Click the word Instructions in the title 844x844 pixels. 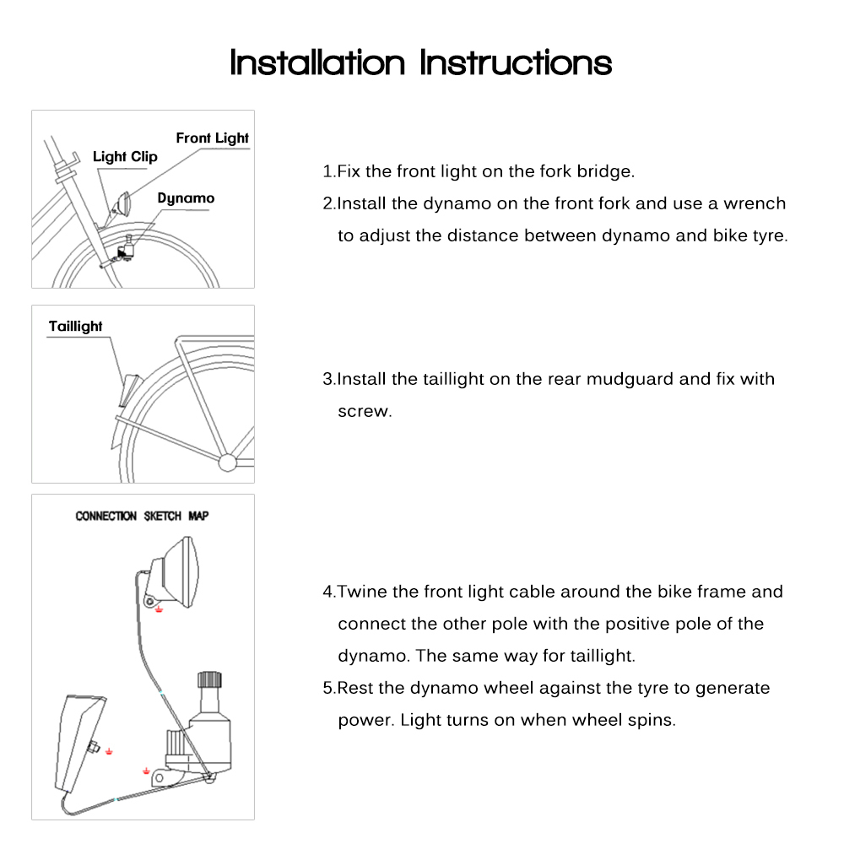click(x=517, y=62)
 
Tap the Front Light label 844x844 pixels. click(x=212, y=138)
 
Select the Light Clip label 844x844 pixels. click(x=125, y=157)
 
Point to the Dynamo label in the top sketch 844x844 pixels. click(x=186, y=198)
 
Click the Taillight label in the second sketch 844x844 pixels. click(x=76, y=327)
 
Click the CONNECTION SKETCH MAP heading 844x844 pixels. click(x=142, y=516)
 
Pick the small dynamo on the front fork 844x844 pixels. click(x=128, y=248)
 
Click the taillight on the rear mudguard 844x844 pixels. click(x=128, y=389)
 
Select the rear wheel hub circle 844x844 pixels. click(x=227, y=462)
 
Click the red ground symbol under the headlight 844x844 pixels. click(x=159, y=610)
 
